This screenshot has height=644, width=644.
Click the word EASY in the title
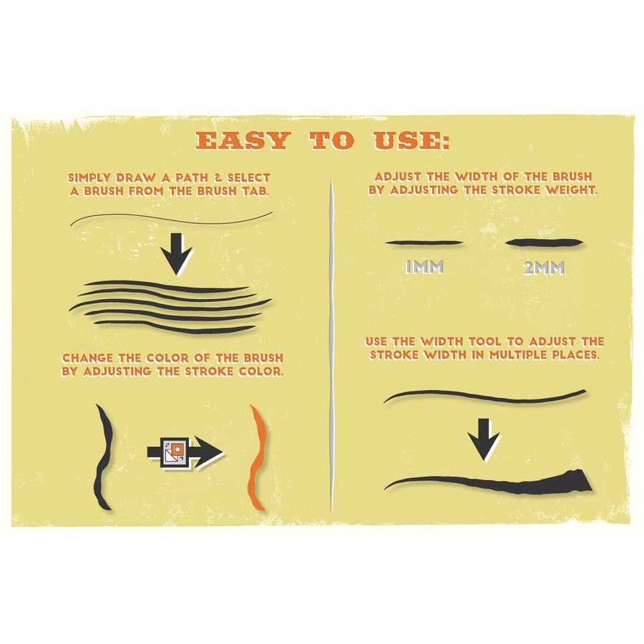coord(242,141)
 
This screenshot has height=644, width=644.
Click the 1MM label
coord(424,268)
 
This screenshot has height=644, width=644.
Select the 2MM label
coord(543,268)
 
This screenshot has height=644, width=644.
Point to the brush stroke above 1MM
coord(422,243)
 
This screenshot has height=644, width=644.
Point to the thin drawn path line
coord(172,218)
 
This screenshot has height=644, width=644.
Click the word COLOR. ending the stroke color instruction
coord(253,372)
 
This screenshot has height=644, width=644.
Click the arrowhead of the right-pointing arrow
coord(211,452)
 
